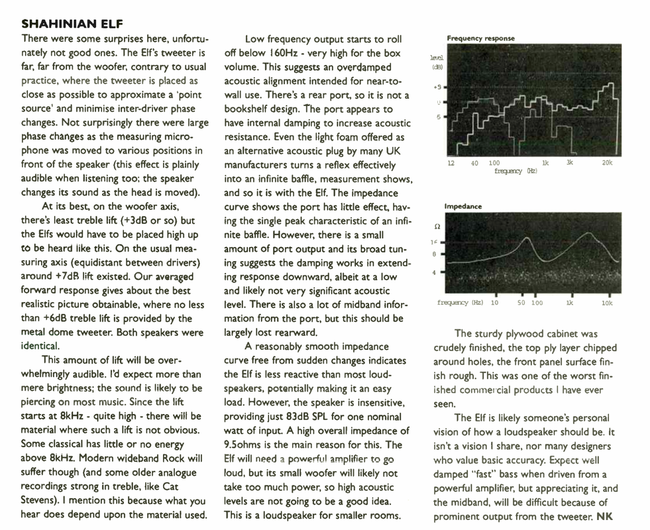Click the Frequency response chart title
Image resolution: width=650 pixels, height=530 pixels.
(480, 38)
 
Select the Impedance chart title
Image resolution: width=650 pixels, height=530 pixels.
(463, 207)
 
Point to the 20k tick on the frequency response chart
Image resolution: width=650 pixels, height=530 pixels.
(608, 163)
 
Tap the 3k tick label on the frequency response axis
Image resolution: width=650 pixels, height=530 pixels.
(569, 163)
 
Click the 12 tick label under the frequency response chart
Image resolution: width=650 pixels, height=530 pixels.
(451, 163)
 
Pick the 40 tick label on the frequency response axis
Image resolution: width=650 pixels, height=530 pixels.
(475, 163)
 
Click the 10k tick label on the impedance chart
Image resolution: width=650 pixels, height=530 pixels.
(607, 303)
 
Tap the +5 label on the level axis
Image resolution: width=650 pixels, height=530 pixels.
(437, 87)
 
